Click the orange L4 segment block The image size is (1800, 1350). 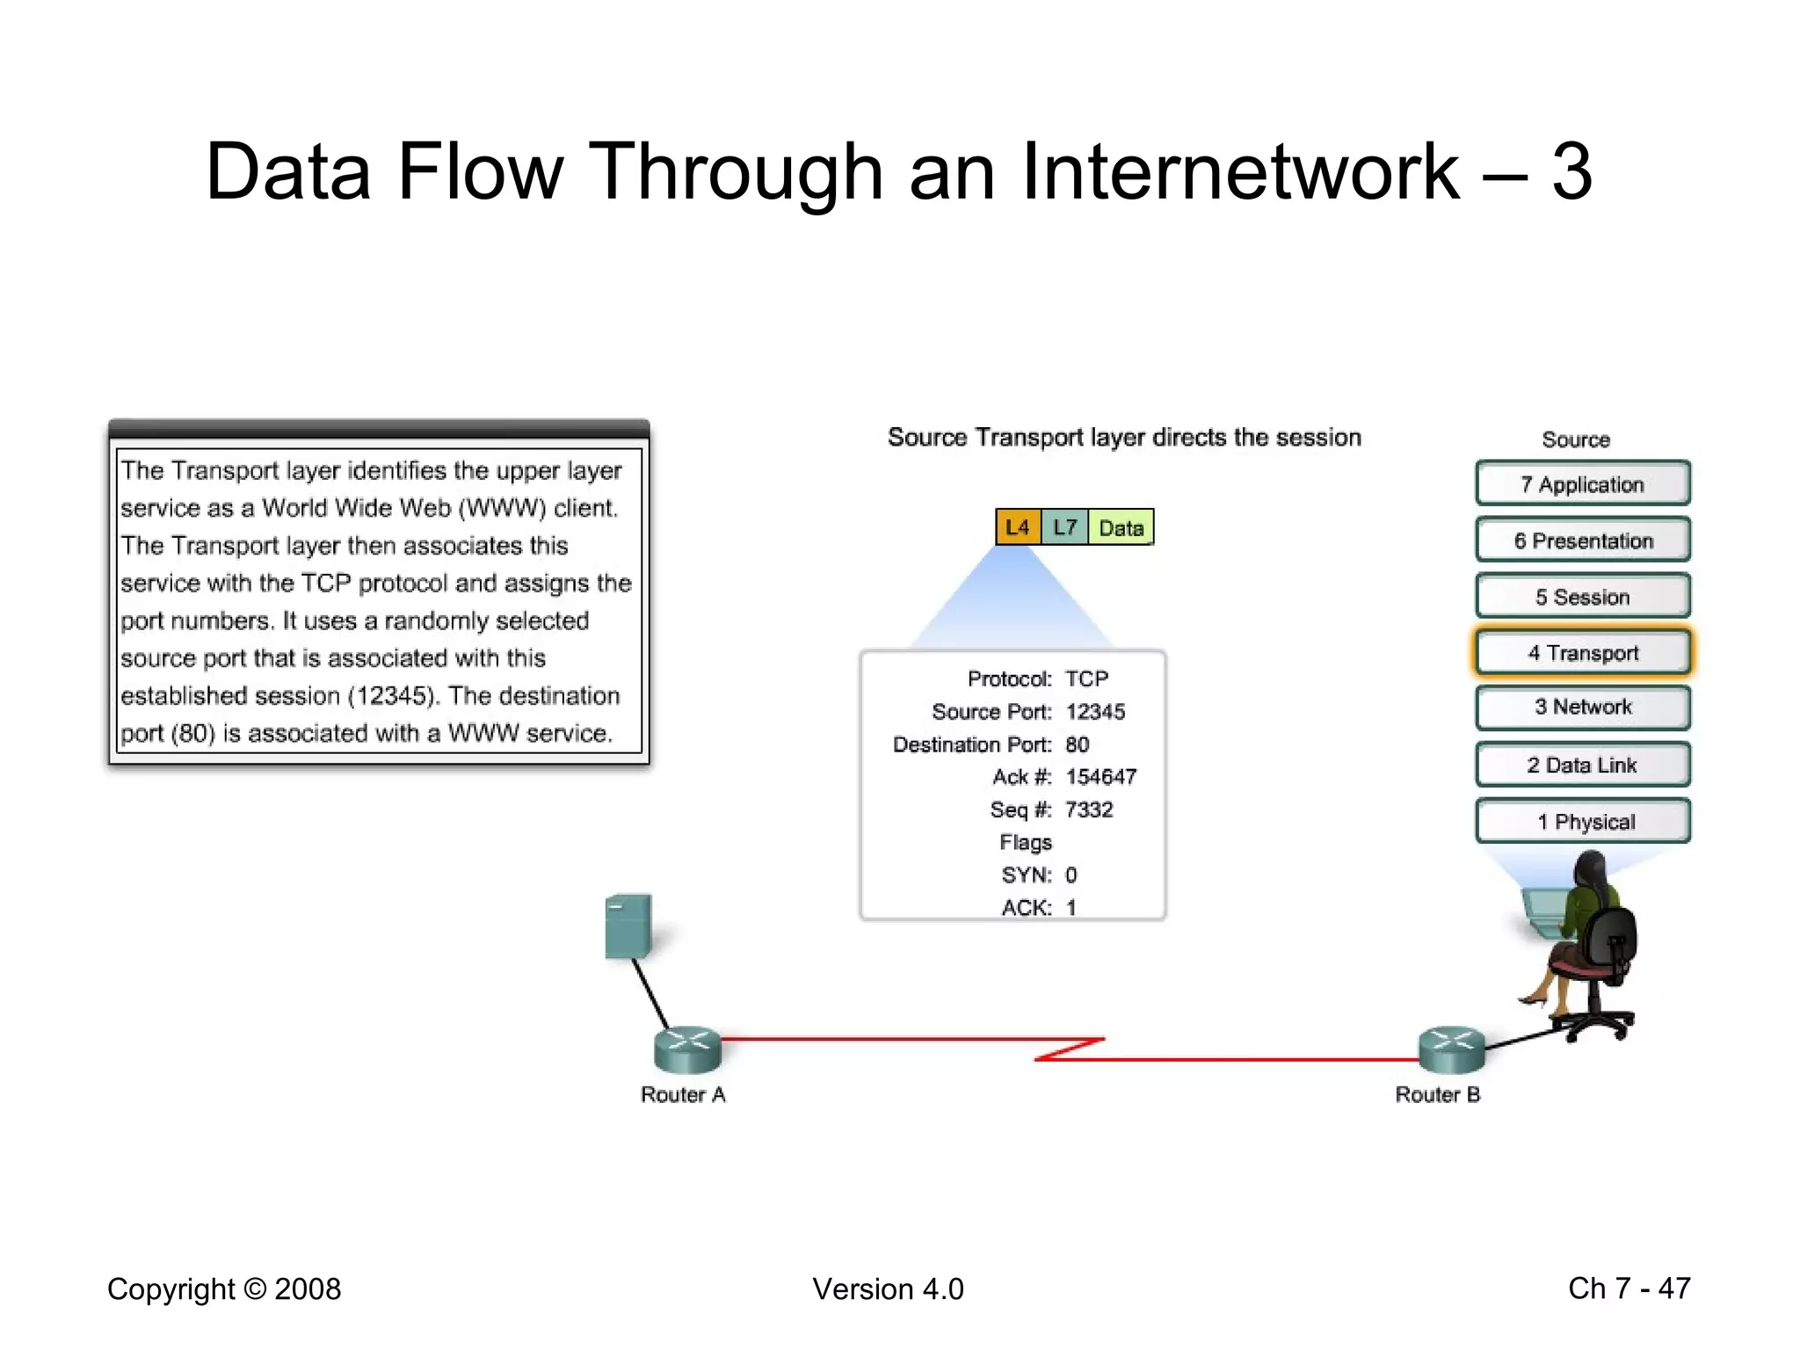pos(1018,527)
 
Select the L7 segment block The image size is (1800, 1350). pos(1064,527)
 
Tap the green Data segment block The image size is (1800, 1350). pos(1121,528)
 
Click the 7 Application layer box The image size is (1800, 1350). pos(1582,484)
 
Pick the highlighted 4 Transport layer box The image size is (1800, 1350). pos(1582,653)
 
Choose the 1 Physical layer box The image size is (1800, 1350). pos(1582,822)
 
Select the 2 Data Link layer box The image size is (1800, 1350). pos(1582,765)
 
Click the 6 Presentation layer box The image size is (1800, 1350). pos(1582,541)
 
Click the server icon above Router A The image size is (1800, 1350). pos(628,925)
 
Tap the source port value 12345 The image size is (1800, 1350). pos(1095,712)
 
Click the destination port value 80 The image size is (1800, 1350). pos(1077,744)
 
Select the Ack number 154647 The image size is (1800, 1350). pos(1100,777)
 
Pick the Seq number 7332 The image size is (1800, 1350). pos(1088,809)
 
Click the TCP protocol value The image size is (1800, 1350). pos(1086,679)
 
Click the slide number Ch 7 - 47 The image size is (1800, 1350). pos(1629,1288)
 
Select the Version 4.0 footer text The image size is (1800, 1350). pos(888,1289)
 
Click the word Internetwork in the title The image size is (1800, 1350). pos(1239,171)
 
